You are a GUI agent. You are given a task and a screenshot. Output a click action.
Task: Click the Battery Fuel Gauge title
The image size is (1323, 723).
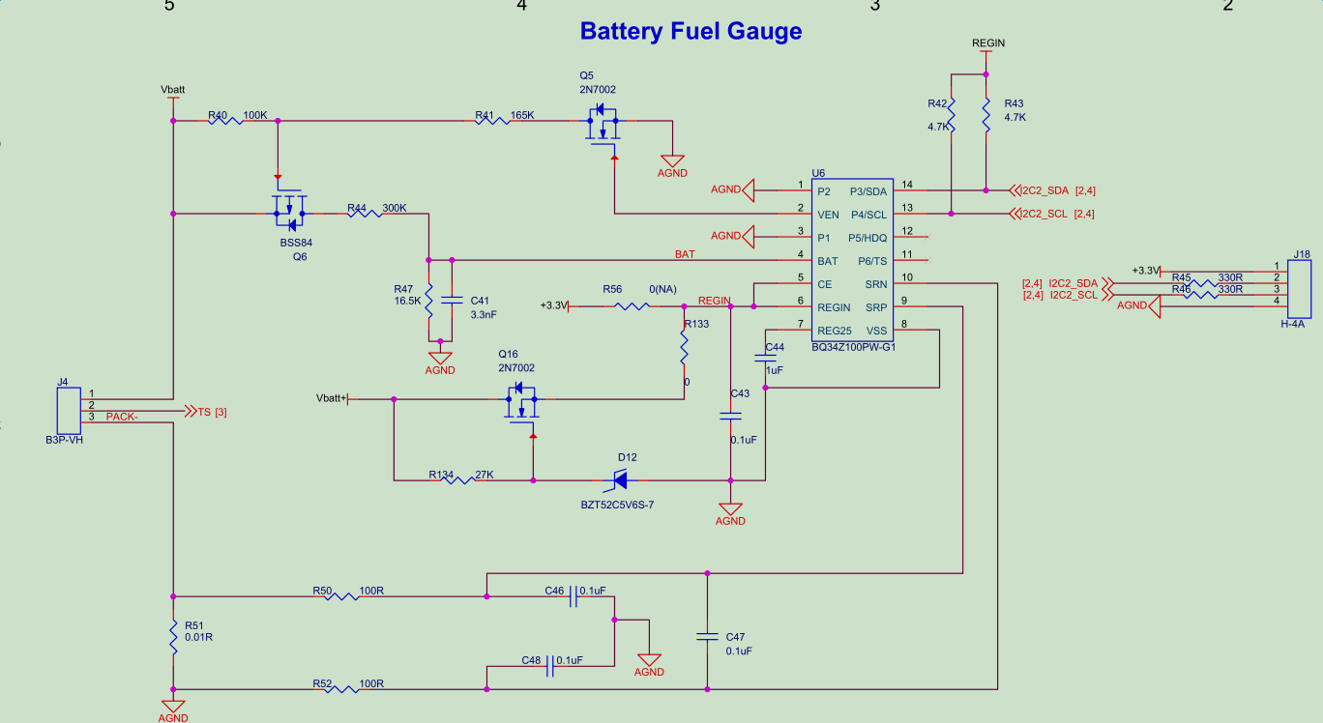point(691,31)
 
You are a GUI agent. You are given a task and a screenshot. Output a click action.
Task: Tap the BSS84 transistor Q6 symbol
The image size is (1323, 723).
point(288,208)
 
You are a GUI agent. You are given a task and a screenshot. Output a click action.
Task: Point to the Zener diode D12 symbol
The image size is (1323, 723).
point(616,479)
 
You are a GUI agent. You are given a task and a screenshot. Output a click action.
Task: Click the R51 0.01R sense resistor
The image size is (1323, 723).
point(174,639)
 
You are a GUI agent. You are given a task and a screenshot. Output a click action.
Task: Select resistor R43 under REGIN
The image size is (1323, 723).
point(985,117)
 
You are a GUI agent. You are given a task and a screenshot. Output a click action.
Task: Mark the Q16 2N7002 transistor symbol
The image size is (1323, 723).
point(520,399)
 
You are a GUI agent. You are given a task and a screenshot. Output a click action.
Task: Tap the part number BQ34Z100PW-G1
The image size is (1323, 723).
point(854,347)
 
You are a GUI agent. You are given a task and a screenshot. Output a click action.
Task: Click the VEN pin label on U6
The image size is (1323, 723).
point(828,215)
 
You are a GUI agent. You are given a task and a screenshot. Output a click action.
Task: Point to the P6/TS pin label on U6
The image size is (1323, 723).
point(872,261)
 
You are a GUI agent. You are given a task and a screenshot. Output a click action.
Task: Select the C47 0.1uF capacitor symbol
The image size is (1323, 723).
point(707,637)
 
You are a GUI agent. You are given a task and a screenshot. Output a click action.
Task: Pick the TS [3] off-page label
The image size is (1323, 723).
point(211,412)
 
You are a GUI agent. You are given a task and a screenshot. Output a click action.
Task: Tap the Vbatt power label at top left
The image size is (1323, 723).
point(173,89)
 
